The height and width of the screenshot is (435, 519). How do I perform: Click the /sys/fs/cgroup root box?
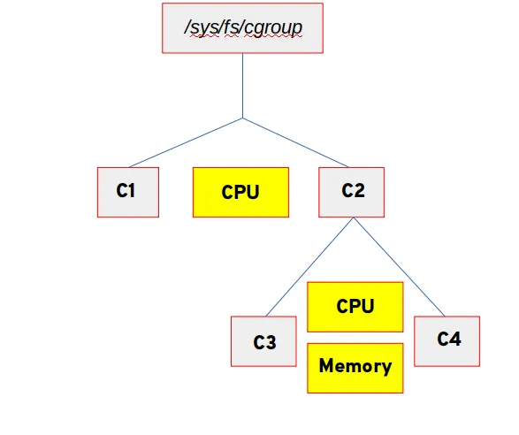[x=243, y=27]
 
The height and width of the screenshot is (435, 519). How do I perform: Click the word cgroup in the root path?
[x=274, y=28]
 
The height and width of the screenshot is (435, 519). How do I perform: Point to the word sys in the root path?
[x=203, y=28]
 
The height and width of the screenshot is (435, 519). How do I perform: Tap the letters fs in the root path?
[x=231, y=28]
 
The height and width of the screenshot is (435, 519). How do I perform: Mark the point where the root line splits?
[x=243, y=118]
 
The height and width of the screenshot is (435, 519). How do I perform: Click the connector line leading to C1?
[x=186, y=142]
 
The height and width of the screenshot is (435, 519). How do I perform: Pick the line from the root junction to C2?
[x=298, y=142]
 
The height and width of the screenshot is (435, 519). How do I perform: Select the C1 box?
[x=127, y=191]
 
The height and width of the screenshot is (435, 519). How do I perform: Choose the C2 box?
[x=352, y=191]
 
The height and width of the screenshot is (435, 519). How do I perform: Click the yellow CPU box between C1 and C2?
[x=240, y=192]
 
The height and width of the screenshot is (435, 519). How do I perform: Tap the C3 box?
[x=263, y=341]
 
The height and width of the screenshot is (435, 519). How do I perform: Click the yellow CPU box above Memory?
[x=355, y=307]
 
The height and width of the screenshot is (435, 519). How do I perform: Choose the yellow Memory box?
[x=355, y=367]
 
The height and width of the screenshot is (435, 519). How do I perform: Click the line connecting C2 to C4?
[x=400, y=266]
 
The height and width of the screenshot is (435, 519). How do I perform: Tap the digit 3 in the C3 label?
[x=271, y=342]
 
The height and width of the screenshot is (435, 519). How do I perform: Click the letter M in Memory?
[x=327, y=366]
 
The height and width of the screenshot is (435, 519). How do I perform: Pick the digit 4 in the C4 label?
[x=454, y=339]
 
